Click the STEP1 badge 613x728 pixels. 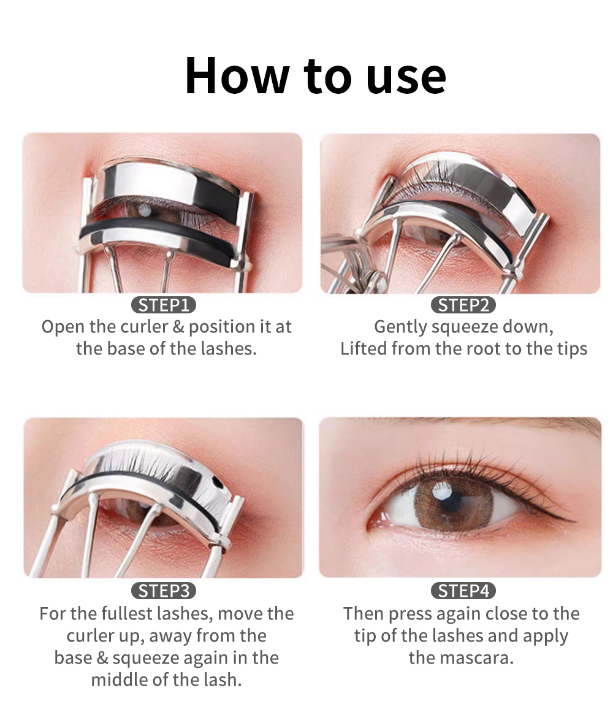(x=163, y=305)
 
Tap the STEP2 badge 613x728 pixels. (x=463, y=305)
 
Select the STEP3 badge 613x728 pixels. (x=163, y=591)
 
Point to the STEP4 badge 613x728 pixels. (x=463, y=591)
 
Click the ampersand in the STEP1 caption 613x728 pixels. (x=178, y=327)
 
